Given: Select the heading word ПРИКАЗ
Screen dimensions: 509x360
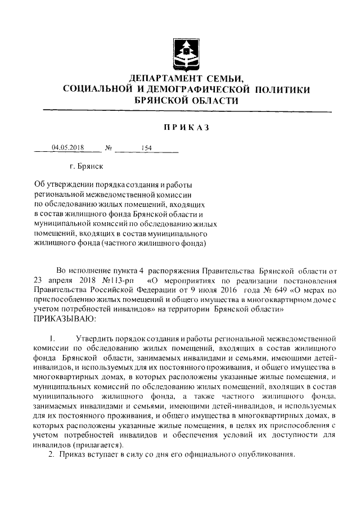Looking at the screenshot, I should tap(186, 128).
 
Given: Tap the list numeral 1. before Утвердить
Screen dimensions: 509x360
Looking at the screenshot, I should tap(51, 339).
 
